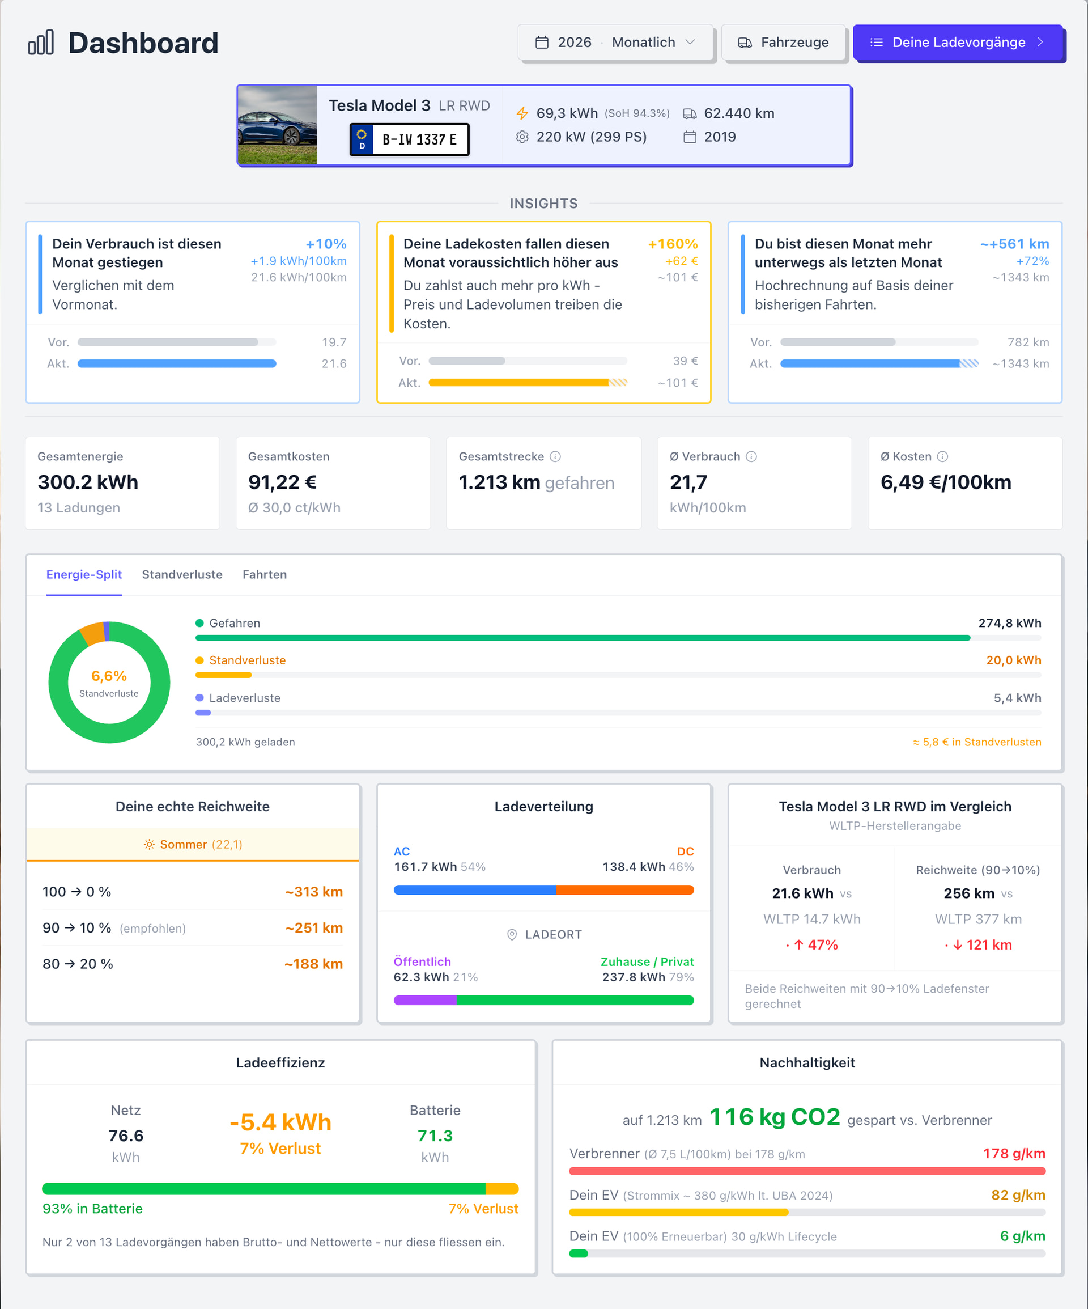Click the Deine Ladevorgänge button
click(x=958, y=43)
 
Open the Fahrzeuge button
click(x=783, y=43)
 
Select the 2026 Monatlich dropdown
click(x=615, y=43)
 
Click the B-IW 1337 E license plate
click(x=409, y=139)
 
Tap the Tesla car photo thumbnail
click(x=277, y=125)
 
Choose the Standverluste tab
click(x=182, y=574)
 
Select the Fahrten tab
click(x=265, y=574)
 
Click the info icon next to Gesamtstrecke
click(x=555, y=456)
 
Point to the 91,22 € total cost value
click(x=282, y=482)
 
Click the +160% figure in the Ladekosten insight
click(x=673, y=244)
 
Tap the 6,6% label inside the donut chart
click(x=109, y=676)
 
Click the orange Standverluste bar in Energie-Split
click(x=224, y=675)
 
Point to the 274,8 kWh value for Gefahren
click(x=1009, y=622)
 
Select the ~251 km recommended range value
click(x=314, y=927)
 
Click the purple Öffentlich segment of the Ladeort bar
click(x=426, y=1001)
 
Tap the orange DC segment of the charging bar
click(x=625, y=890)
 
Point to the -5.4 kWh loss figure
click(x=280, y=1122)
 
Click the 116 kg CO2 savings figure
click(x=775, y=1116)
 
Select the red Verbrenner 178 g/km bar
click(x=807, y=1171)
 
